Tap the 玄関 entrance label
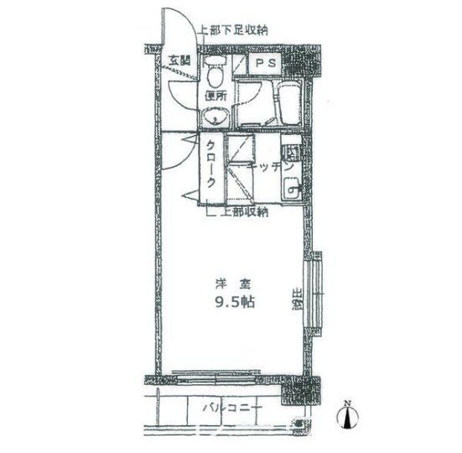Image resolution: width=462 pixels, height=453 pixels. (178, 60)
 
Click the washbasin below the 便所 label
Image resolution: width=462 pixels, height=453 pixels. (216, 117)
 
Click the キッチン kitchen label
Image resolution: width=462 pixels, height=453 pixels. (268, 169)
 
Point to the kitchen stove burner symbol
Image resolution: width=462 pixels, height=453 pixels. (291, 154)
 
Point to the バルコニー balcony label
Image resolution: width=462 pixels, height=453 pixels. (232, 409)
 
